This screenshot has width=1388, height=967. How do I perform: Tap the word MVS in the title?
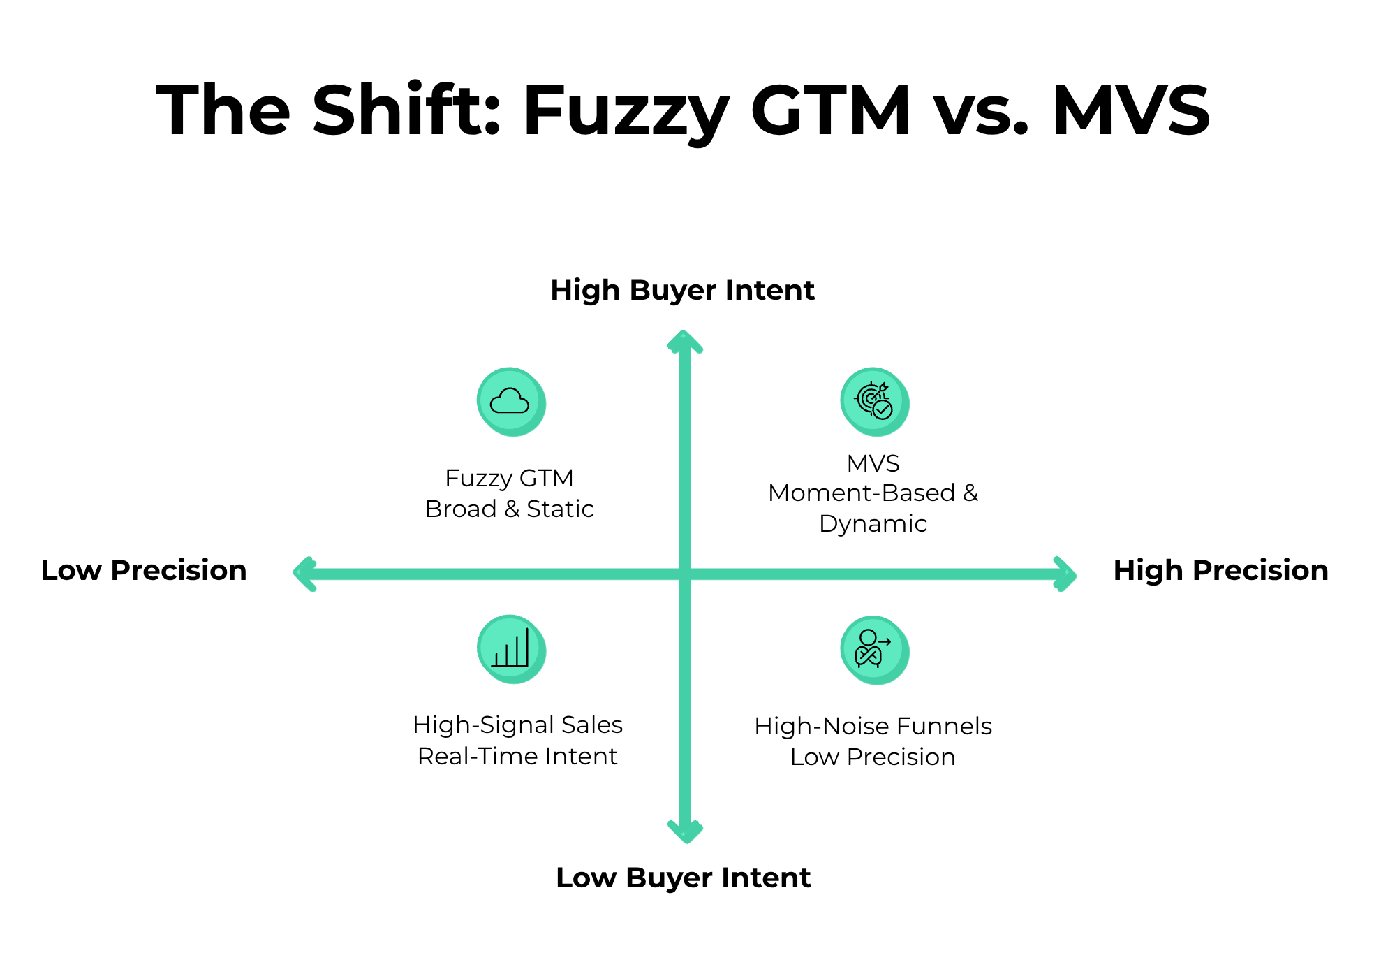[1131, 110]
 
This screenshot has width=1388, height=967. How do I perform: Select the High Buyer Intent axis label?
[682, 291]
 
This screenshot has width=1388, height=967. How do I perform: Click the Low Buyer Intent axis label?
[683, 878]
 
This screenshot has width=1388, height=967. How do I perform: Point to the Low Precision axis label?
[144, 570]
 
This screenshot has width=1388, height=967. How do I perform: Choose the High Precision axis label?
[1220, 570]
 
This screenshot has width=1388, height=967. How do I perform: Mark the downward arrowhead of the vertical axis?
[685, 832]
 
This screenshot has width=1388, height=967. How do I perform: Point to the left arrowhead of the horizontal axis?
[304, 574]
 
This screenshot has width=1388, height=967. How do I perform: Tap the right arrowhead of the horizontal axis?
[1065, 574]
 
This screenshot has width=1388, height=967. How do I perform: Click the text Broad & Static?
[510, 509]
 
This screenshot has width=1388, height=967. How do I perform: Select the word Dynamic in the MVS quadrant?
[873, 524]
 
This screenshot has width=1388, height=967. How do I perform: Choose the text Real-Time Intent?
[517, 756]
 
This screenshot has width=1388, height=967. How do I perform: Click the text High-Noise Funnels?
[873, 726]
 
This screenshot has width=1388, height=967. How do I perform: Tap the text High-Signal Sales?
[517, 725]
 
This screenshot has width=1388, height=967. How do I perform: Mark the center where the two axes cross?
[685, 574]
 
